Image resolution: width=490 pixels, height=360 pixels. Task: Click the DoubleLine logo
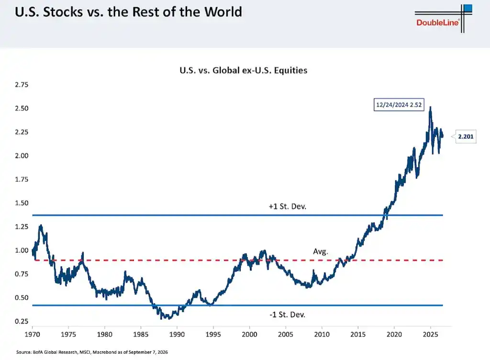pos(444,19)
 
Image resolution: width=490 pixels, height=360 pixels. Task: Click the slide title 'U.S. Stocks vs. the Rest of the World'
pos(128,12)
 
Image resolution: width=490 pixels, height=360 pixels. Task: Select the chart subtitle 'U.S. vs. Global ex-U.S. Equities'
pos(244,70)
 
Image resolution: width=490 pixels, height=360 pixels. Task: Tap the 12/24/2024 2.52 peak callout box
pos(399,105)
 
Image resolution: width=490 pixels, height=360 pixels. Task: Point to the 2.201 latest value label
pos(466,136)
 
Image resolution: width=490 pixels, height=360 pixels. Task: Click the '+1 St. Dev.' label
pos(288,206)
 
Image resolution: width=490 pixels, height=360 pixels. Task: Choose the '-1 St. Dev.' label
pos(287,315)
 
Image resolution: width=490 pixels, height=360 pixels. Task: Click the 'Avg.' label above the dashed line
pos(321,251)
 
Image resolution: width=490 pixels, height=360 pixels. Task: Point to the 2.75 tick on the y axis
pos(22,85)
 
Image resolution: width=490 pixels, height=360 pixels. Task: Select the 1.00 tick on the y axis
pos(22,250)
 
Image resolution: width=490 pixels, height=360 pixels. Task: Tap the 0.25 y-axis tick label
pos(22,321)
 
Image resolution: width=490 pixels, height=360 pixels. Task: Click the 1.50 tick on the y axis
pos(22,203)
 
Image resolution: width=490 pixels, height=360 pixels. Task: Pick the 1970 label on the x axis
pos(32,334)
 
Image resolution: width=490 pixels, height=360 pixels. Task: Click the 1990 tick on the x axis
pos(177,334)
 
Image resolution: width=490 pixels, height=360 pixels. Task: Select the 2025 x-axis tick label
pos(430,334)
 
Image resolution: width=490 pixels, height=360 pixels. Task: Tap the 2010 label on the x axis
pos(322,334)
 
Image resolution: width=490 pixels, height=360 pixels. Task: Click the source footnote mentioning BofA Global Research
pos(92,352)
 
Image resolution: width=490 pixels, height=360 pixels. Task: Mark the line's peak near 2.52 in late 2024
pos(430,107)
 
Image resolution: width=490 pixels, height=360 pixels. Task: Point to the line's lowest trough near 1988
pos(162,318)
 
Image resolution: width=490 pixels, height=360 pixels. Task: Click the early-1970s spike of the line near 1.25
pos(40,225)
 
